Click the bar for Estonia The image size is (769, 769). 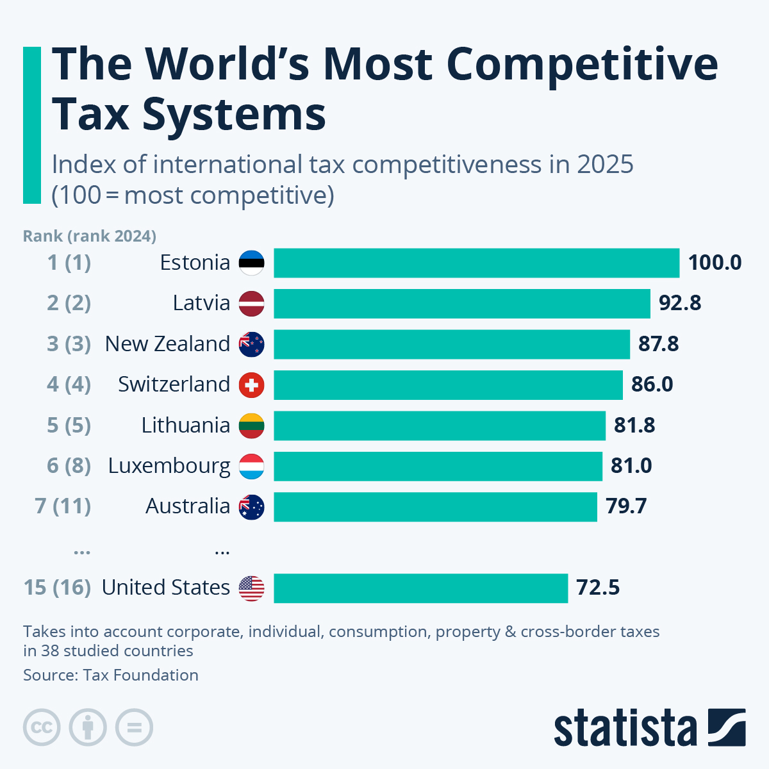(x=476, y=263)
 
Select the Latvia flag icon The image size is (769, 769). (x=251, y=303)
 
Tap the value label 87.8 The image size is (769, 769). (x=658, y=344)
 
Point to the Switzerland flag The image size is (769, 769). (x=251, y=384)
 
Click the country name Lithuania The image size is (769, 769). (x=185, y=425)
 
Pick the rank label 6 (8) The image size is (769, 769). (x=69, y=465)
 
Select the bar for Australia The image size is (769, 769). (x=435, y=506)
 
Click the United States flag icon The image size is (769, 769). (x=251, y=588)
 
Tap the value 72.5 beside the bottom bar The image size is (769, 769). (x=598, y=588)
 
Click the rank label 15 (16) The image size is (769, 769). (x=58, y=588)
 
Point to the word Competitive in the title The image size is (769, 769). (x=582, y=64)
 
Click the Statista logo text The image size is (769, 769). (x=625, y=728)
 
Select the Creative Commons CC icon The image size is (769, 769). (x=42, y=727)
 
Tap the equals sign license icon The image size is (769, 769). (x=134, y=727)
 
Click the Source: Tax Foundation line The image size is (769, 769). (x=111, y=675)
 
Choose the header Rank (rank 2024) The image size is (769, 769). (x=90, y=236)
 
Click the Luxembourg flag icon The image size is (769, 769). (x=251, y=466)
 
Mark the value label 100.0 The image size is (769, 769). (x=715, y=263)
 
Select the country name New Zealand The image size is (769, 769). (x=167, y=344)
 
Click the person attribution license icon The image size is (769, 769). (x=88, y=727)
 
